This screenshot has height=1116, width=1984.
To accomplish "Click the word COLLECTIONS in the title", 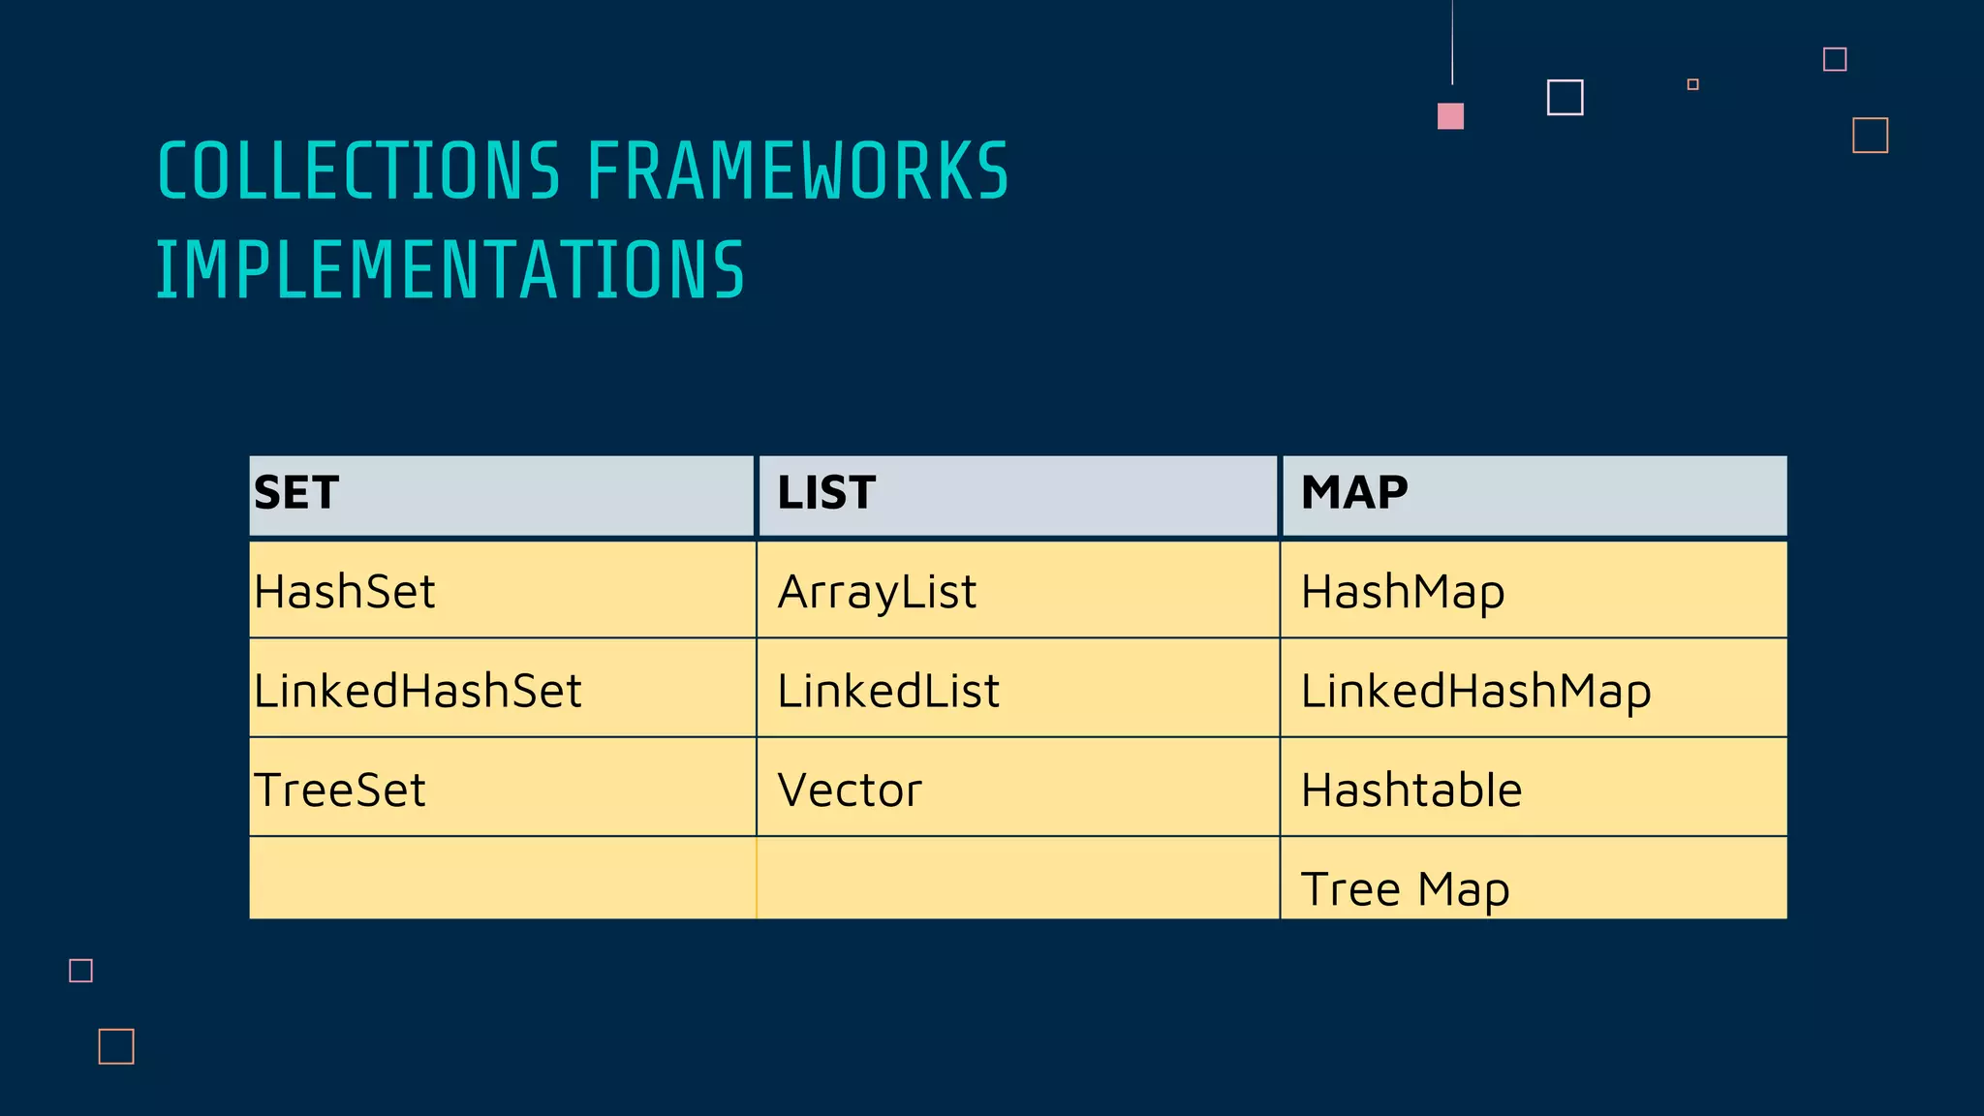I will [x=359, y=172].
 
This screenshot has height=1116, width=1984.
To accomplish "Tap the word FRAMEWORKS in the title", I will [x=798, y=172].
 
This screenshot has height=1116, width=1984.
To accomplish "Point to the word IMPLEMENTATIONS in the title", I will [x=450, y=270].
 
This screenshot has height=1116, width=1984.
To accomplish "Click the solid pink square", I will [x=1450, y=116].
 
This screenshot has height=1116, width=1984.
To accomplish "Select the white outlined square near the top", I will [x=1565, y=98].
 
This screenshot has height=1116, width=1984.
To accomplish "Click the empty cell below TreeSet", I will [x=502, y=878].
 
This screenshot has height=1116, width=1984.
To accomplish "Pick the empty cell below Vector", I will [x=1017, y=878].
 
